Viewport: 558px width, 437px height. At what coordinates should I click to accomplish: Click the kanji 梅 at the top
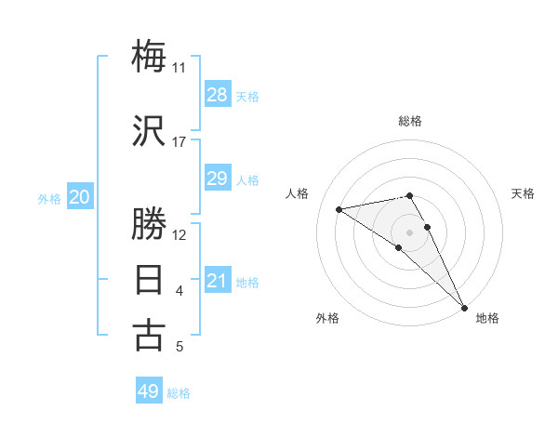(x=150, y=56)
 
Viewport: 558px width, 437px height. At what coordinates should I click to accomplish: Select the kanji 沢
(x=150, y=130)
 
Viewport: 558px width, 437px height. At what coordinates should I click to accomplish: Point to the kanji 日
(x=150, y=279)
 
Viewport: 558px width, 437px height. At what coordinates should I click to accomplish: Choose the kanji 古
(x=150, y=335)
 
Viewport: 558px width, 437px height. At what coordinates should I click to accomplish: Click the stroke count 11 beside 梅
(x=179, y=68)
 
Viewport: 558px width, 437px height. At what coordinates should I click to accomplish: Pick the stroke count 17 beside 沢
(x=179, y=142)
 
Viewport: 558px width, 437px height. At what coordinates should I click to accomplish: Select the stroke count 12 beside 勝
(x=179, y=235)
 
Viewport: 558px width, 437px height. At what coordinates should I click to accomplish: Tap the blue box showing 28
(x=217, y=95)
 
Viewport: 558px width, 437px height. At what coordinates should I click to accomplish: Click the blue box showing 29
(x=217, y=179)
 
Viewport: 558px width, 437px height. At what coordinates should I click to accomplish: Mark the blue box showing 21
(x=217, y=281)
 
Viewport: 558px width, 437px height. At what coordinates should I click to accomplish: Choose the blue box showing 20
(x=80, y=197)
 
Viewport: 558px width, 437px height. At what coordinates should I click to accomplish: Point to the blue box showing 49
(x=149, y=391)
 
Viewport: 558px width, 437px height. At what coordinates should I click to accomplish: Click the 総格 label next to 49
(x=179, y=393)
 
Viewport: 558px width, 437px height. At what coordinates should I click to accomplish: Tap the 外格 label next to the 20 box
(x=49, y=199)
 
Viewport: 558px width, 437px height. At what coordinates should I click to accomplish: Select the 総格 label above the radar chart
(x=409, y=121)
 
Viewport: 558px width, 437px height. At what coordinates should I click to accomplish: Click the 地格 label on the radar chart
(x=487, y=318)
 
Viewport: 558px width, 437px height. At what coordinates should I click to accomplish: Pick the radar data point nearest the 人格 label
(x=339, y=209)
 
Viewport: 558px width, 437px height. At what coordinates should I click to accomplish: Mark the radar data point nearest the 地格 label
(x=464, y=309)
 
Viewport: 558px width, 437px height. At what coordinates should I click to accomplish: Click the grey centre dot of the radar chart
(x=409, y=232)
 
